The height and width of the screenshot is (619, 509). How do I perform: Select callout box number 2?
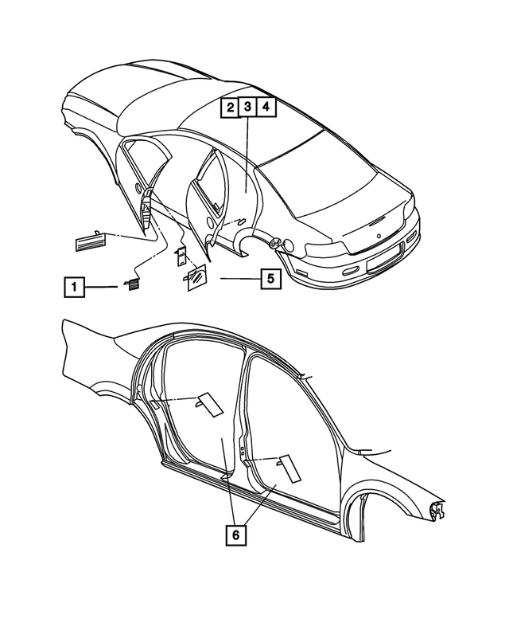click(228, 107)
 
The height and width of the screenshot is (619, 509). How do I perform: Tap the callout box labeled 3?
click(247, 107)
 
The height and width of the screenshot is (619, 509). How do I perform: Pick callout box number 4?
click(266, 107)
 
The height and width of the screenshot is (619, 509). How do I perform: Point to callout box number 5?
click(270, 279)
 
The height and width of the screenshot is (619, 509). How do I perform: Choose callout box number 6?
click(235, 535)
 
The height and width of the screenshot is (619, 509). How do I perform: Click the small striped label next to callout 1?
click(129, 284)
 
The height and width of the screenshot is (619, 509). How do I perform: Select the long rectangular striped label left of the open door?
click(95, 240)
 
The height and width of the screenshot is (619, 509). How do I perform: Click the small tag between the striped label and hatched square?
click(181, 255)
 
